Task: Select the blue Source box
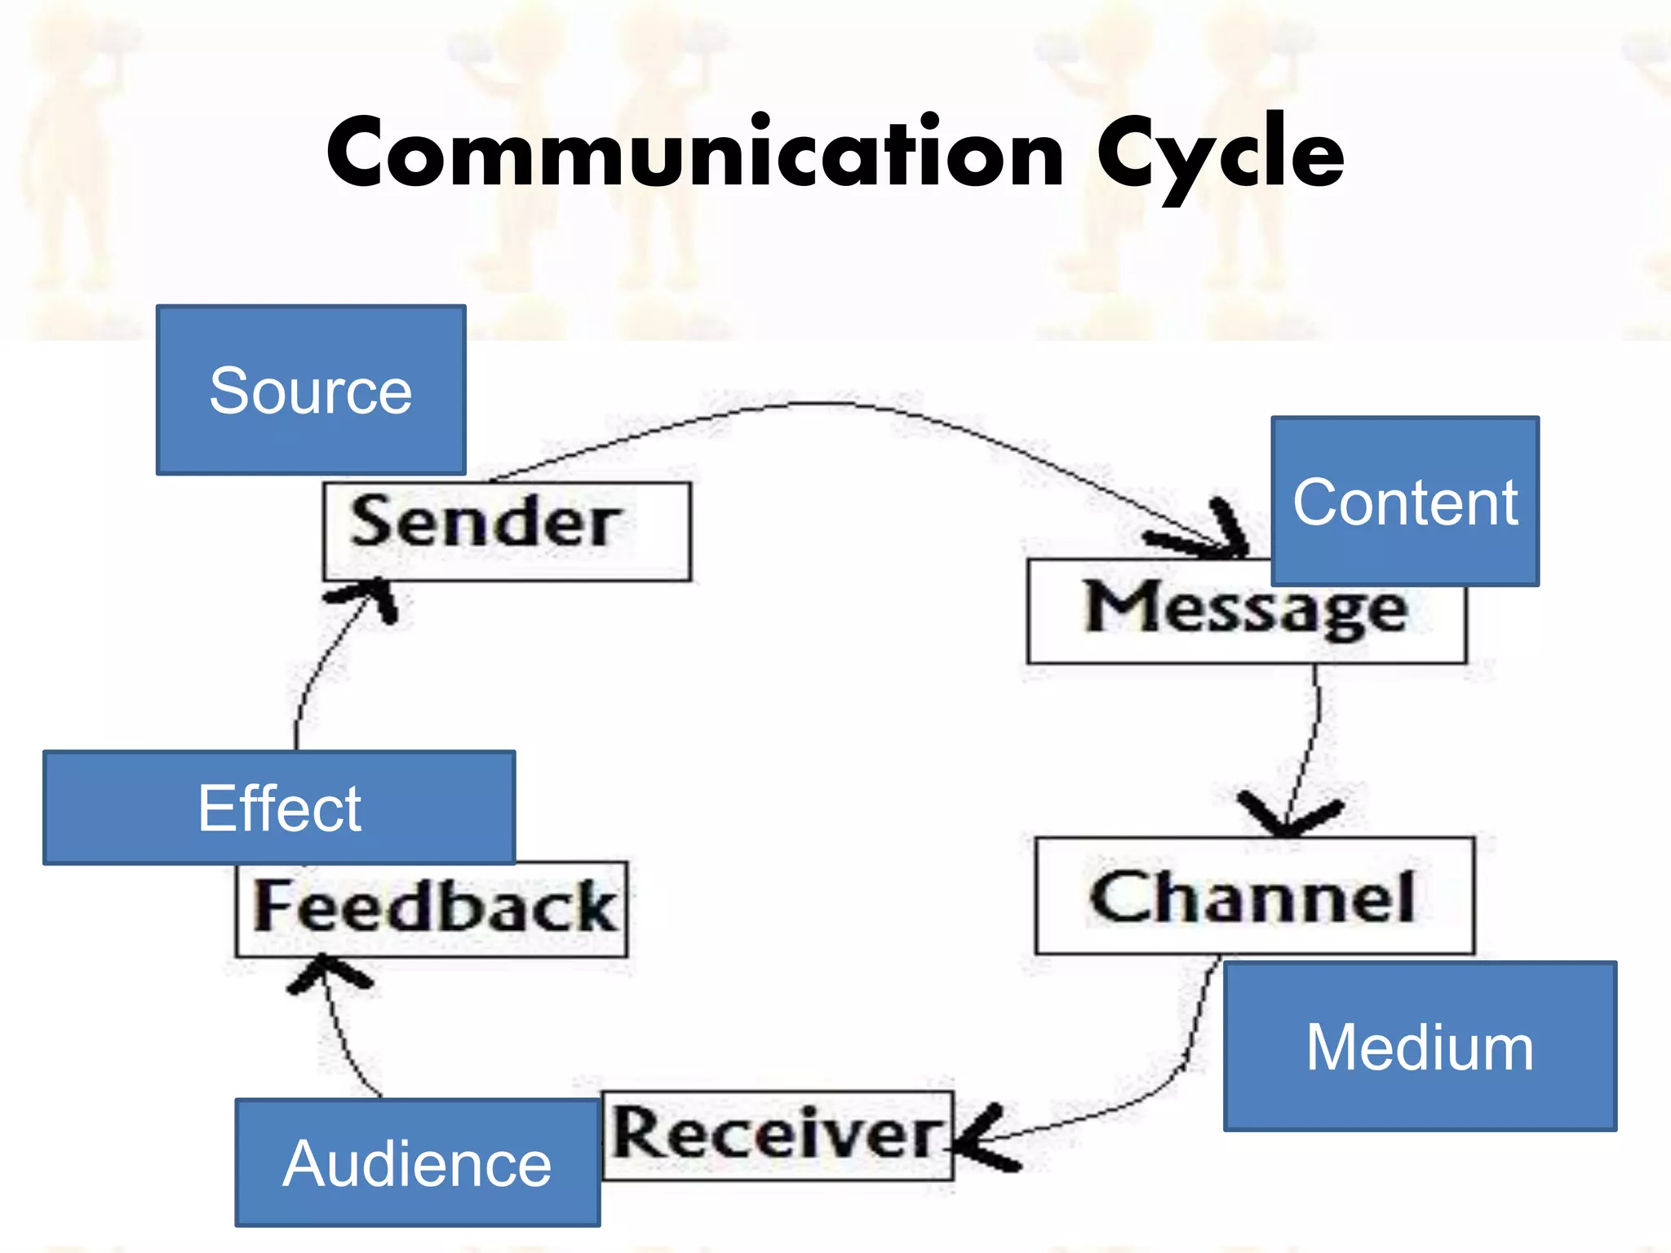pos(311,390)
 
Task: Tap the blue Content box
pos(1405,501)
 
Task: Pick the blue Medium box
pos(1420,1046)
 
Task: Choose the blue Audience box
pos(418,1162)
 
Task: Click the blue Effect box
pos(279,808)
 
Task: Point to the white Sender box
pos(506,530)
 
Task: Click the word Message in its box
pos(1245,609)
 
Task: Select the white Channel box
pos(1254,896)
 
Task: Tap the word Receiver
pos(776,1135)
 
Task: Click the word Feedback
pos(433,907)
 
